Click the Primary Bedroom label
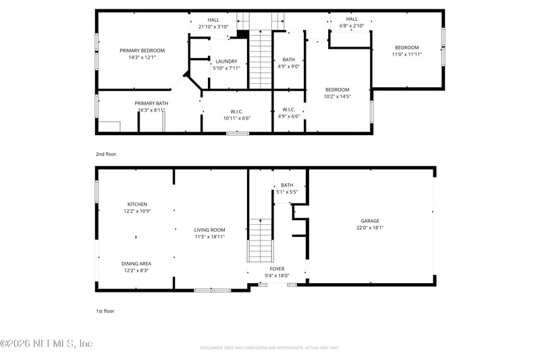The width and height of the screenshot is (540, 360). point(142,51)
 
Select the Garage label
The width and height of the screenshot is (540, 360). point(370,221)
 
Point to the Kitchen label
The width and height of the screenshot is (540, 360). point(137,204)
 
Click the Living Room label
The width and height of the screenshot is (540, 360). point(209,230)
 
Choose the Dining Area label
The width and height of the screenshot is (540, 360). point(136,263)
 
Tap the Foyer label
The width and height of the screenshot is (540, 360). point(277,269)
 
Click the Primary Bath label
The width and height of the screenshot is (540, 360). point(151,103)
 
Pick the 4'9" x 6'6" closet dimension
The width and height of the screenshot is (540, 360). point(288,116)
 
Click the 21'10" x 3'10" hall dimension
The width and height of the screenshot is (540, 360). point(213,27)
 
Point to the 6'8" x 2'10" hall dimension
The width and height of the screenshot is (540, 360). point(352,26)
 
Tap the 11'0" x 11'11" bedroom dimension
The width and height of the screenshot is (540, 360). point(407,54)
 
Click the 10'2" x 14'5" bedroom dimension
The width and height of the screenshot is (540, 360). point(337,97)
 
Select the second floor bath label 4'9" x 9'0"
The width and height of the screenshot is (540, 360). point(288,66)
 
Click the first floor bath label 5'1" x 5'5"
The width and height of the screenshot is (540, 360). point(287,192)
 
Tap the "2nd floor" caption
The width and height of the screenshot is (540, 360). point(106,154)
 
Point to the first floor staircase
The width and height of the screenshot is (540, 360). point(260,240)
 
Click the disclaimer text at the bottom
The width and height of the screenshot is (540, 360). point(269,347)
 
